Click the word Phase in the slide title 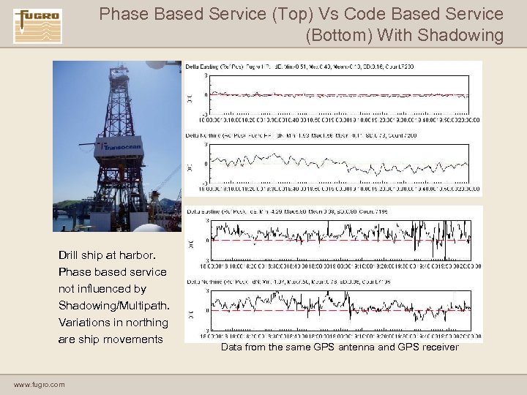point(122,14)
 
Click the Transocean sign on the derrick point(116,146)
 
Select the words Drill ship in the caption point(82,255)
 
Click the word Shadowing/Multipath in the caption point(113,306)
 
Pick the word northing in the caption point(146,323)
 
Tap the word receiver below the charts point(438,347)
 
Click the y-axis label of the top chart point(190,94)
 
